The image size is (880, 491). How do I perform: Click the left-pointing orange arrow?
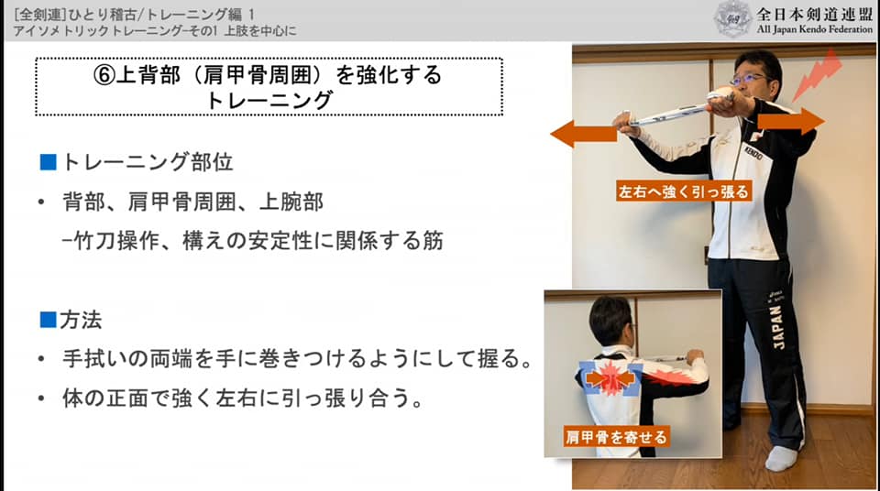(x=584, y=134)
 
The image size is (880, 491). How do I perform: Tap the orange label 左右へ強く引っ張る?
(x=684, y=191)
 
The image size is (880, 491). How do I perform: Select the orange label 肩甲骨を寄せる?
(x=616, y=437)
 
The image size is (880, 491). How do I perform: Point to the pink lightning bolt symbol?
(x=818, y=75)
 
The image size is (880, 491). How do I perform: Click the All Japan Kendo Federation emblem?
(x=732, y=19)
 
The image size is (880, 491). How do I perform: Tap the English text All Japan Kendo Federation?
(x=814, y=29)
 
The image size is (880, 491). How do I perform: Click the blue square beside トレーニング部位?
(x=49, y=162)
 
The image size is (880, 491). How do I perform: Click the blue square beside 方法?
(x=49, y=320)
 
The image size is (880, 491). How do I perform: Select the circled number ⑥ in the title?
(x=104, y=75)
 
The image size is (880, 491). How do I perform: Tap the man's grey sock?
(x=781, y=457)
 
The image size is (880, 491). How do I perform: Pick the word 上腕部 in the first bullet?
(x=291, y=202)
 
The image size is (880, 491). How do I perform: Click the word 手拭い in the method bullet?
(x=94, y=358)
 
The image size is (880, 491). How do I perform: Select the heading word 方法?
(x=81, y=320)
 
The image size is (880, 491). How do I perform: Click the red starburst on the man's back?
(x=610, y=378)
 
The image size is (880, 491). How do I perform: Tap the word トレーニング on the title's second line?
(x=269, y=101)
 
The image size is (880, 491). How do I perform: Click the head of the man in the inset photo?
(x=610, y=321)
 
